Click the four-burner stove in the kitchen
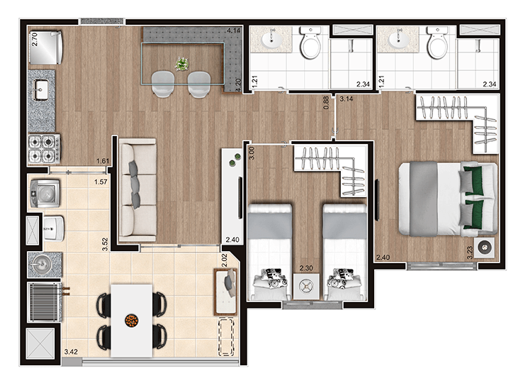[x=45, y=149]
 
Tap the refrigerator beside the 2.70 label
[x=45, y=48]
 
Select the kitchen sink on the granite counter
[x=41, y=89]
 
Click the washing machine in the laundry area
[x=45, y=194]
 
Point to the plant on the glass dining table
[x=182, y=64]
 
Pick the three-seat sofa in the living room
[x=137, y=190]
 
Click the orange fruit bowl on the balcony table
[x=132, y=321]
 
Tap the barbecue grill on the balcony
[x=45, y=302]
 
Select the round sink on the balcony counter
[x=42, y=265]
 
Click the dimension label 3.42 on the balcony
[x=71, y=352]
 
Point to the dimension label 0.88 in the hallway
[x=326, y=103]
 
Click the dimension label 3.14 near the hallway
[x=347, y=99]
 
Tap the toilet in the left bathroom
[x=310, y=43]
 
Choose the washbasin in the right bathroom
[x=398, y=40]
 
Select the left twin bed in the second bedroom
[x=269, y=252]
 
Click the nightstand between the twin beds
[x=306, y=286]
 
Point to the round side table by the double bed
[x=485, y=248]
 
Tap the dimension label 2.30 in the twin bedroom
[x=306, y=268]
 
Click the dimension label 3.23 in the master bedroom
[x=470, y=252]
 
